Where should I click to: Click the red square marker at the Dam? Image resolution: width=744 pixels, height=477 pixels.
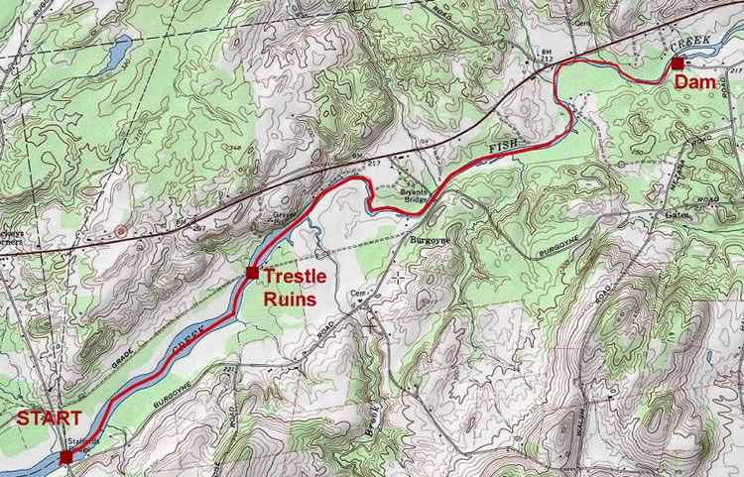coord(677,64)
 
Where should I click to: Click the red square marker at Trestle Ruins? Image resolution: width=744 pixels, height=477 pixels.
coord(252,273)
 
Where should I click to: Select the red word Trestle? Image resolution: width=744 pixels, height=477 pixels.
coord(298,279)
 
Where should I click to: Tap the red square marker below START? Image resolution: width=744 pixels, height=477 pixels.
coord(65,457)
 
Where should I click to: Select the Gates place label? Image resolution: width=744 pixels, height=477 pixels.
coord(677,214)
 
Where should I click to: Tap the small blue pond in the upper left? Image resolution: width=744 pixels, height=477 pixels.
coord(117,47)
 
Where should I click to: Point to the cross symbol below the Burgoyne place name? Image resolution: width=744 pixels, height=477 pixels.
coord(399,276)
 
